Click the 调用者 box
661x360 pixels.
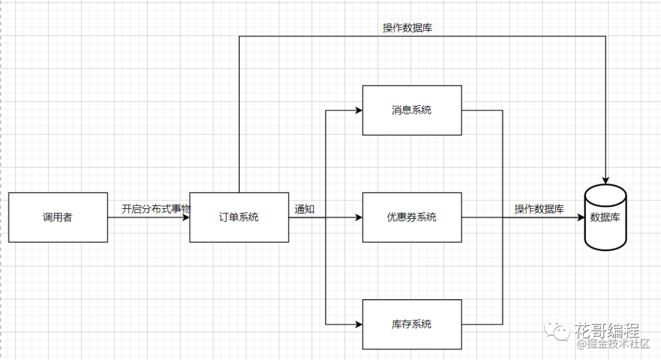point(58,217)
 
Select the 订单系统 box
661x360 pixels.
point(239,217)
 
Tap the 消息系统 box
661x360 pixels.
point(412,110)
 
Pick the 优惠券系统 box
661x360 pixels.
point(412,217)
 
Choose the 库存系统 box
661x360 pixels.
point(412,324)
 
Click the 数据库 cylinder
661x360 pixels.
point(605,217)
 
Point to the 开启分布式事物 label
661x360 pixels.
point(156,209)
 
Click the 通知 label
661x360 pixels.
point(304,209)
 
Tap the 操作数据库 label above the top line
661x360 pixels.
point(407,28)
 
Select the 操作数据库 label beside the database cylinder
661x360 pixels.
point(539,209)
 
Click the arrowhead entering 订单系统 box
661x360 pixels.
point(185,217)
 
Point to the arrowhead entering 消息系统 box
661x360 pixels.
point(359,110)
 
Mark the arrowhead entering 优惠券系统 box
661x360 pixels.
point(359,217)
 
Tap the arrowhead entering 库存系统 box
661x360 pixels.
point(359,324)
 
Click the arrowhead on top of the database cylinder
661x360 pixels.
point(605,181)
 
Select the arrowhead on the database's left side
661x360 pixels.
point(580,217)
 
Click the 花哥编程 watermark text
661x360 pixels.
point(607,330)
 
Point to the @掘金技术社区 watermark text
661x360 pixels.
point(613,343)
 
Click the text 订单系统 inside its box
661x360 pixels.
point(239,217)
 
